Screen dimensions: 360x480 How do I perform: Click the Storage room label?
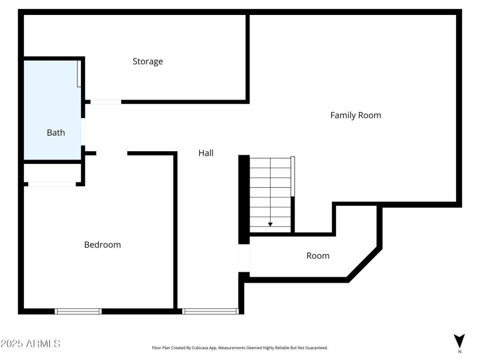[148, 61]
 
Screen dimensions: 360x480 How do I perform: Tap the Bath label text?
[56, 133]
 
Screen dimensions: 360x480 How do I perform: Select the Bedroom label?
[102, 245]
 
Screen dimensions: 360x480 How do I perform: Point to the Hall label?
[206, 153]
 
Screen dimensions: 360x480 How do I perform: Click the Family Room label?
[355, 115]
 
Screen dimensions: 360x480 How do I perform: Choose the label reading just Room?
[317, 256]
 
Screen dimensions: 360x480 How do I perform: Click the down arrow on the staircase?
[270, 224]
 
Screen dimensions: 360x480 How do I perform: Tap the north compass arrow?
[459, 340]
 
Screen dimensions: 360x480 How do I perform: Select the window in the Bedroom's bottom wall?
[78, 311]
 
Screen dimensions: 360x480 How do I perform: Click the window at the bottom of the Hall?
[210, 311]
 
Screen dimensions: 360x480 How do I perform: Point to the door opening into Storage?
[106, 101]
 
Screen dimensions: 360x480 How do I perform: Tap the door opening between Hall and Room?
[244, 259]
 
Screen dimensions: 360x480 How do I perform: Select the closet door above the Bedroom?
[52, 184]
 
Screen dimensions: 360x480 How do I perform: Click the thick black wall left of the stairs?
[244, 198]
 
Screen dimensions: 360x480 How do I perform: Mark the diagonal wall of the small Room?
[364, 264]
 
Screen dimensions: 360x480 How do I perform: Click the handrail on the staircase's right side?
[293, 176]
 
